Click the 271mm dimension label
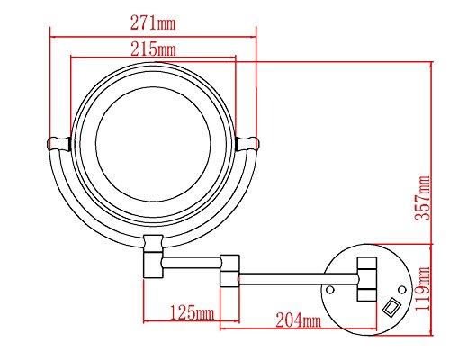coord(153,22)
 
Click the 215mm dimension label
coord(153,49)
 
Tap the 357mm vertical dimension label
coord(423,198)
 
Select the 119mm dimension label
coord(423,289)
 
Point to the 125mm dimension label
coord(193,312)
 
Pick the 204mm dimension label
coord(298,319)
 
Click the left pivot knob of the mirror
coord(58,143)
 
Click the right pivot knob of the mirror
coord(247,143)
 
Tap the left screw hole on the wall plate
coord(330,290)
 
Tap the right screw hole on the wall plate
coord(402,290)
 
